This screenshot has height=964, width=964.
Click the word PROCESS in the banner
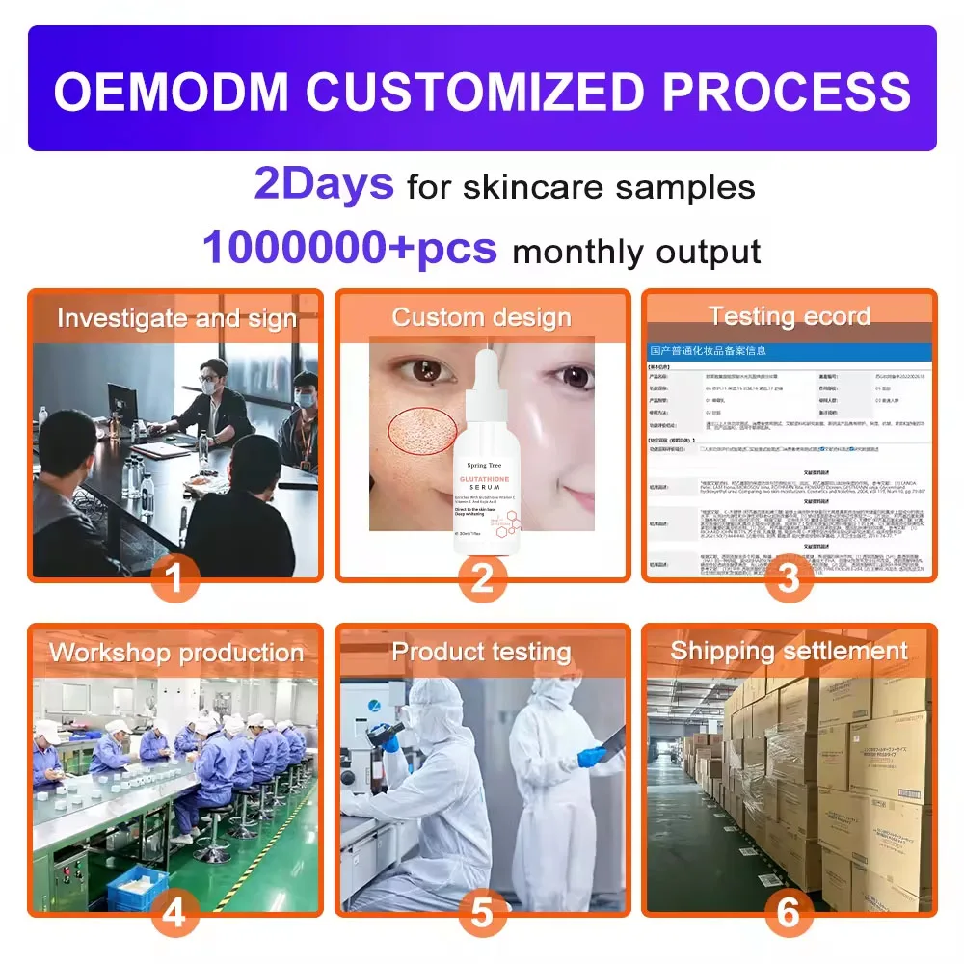pos(786,91)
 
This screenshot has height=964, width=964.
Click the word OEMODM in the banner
pos(171,91)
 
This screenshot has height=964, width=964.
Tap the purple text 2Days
pos(324,183)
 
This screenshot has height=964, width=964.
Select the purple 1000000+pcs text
pos(350,248)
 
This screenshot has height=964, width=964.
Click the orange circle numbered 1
pos(174,578)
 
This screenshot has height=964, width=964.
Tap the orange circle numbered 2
pos(482,578)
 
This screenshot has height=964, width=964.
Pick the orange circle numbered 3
pos(789,578)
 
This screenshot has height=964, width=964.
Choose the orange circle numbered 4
pos(174,912)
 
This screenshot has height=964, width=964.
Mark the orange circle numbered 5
pos(482,912)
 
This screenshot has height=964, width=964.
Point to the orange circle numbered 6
pos(789,912)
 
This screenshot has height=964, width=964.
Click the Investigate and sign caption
pos(175,318)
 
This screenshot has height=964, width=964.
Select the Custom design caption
pos(481,318)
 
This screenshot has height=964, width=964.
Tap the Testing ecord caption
pos(789,316)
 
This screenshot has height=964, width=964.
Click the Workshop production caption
pos(175,653)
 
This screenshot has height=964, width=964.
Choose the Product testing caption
pos(481,653)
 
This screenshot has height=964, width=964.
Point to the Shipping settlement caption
pos(789,651)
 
